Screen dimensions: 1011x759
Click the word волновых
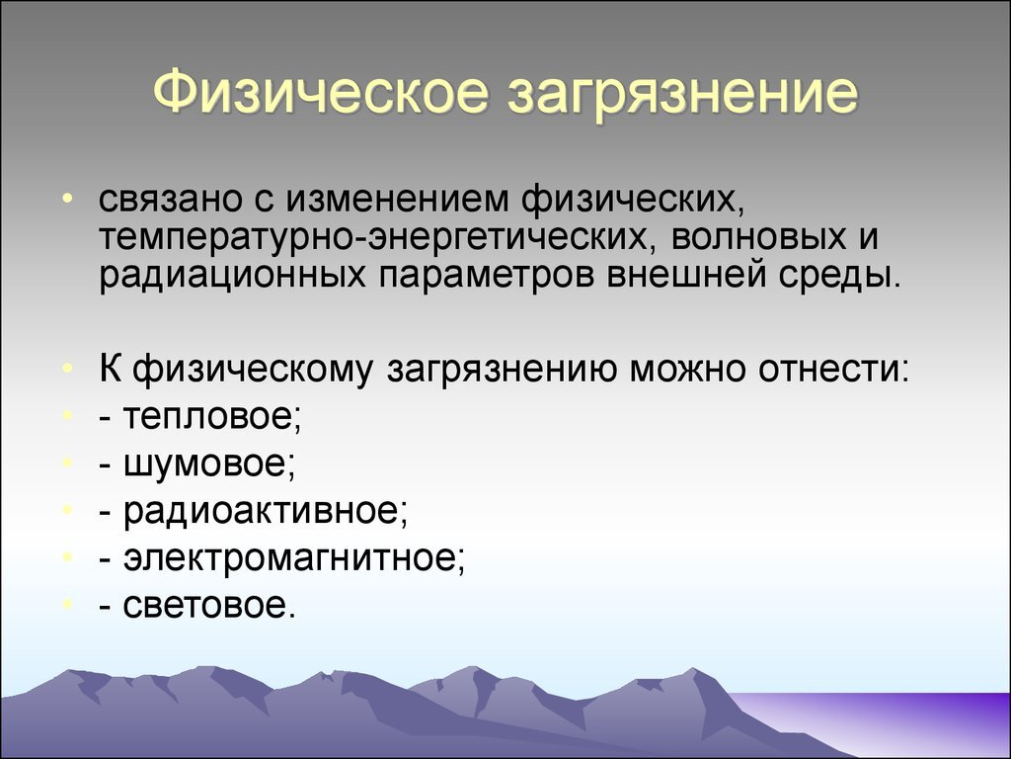tap(757, 237)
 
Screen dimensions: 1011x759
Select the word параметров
tap(486, 278)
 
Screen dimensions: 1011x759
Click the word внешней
tap(686, 276)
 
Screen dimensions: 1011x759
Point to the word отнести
tap(833, 370)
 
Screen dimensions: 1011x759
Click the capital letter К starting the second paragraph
tap(111, 369)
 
